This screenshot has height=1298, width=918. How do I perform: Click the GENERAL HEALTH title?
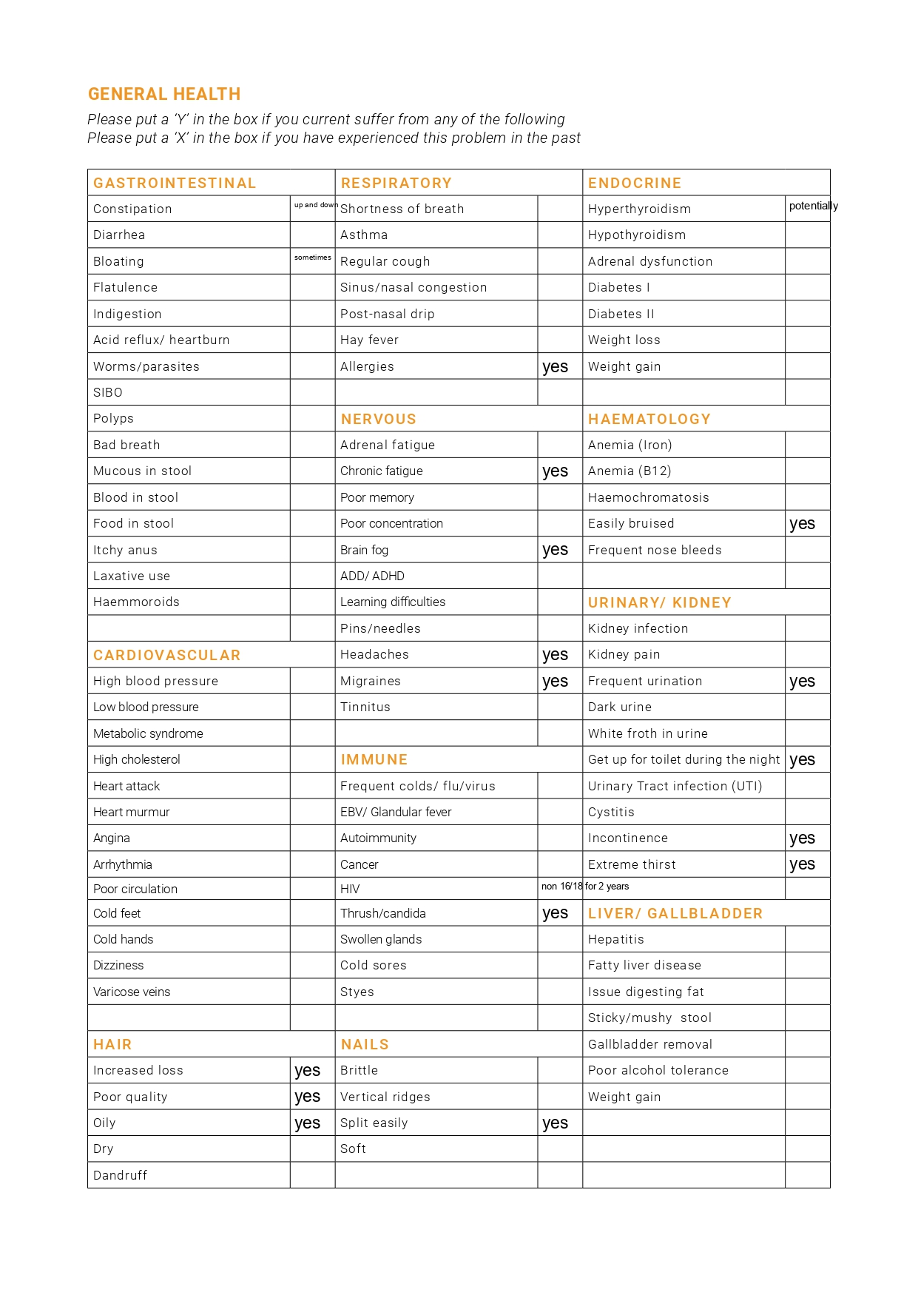[164, 94]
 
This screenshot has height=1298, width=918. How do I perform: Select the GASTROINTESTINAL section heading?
[175, 183]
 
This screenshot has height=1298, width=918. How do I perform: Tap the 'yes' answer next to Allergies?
[555, 367]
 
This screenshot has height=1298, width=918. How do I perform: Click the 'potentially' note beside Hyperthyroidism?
[813, 206]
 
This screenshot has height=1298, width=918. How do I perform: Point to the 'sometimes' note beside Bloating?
[312, 258]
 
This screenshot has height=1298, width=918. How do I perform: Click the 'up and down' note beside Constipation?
[316, 205]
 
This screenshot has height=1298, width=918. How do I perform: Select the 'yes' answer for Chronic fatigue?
[555, 471]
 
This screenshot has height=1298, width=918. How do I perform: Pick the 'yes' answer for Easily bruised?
[802, 524]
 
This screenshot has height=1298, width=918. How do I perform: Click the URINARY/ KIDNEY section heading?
[659, 602]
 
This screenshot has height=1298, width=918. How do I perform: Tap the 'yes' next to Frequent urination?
[802, 682]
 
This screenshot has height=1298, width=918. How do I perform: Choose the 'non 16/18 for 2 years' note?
[585, 886]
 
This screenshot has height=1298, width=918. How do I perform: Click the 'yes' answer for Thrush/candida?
[555, 913]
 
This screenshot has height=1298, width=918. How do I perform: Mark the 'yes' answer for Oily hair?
[307, 1123]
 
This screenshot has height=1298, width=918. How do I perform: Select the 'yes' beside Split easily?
[555, 1123]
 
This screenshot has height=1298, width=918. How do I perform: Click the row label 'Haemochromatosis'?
[648, 497]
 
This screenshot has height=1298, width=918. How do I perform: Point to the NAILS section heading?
[365, 1044]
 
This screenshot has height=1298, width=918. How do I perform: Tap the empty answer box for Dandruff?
[312, 1175]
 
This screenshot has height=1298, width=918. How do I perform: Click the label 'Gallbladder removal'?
[649, 1044]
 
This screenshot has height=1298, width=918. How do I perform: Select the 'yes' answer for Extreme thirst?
[802, 864]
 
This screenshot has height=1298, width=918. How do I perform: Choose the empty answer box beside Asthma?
[559, 235]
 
